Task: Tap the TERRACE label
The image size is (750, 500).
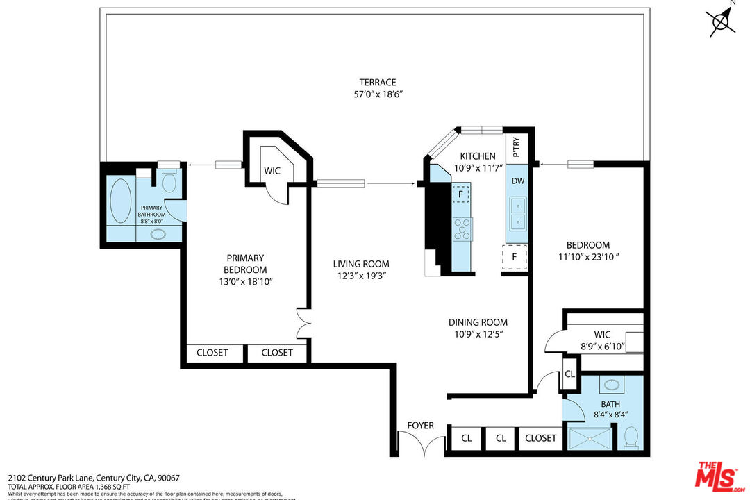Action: click(378, 82)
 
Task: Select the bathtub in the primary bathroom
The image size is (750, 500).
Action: click(121, 201)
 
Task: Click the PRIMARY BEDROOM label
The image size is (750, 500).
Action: click(245, 264)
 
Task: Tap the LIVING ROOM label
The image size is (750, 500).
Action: click(360, 264)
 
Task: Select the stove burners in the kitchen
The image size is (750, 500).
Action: click(462, 228)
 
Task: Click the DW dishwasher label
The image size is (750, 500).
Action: click(517, 180)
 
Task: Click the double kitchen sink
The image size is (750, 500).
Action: click(517, 213)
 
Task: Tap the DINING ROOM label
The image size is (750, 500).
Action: click(477, 322)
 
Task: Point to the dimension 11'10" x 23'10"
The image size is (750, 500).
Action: click(587, 257)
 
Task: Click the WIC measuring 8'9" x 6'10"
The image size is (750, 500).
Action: click(602, 340)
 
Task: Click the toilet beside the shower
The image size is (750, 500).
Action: click(631, 437)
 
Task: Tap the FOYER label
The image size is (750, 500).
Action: click(420, 426)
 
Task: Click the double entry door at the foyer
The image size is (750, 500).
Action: click(421, 444)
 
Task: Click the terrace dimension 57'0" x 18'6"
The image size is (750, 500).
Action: click(378, 94)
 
